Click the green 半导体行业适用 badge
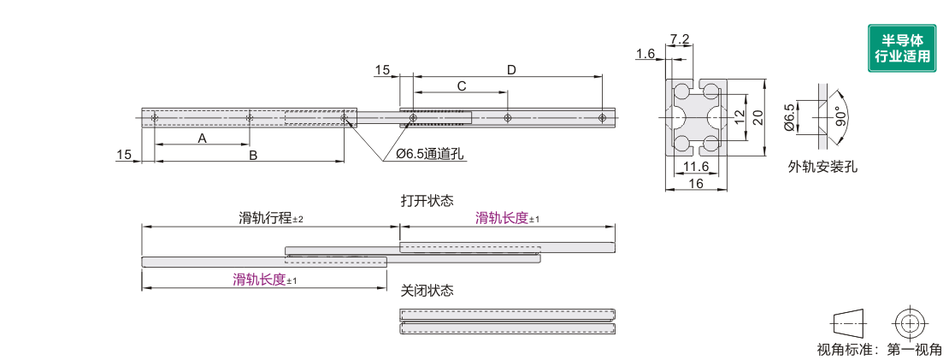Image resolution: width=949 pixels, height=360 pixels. click(x=902, y=48)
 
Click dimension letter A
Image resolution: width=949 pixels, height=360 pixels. click(x=203, y=138)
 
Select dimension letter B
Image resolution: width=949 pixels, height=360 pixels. click(x=253, y=156)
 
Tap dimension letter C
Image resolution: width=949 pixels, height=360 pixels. click(x=462, y=86)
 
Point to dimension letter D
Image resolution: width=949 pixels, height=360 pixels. click(x=511, y=70)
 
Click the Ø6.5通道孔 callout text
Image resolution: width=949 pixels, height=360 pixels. click(x=429, y=154)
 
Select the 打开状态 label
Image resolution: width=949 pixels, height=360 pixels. click(x=427, y=200)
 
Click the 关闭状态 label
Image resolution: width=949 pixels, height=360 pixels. click(x=427, y=291)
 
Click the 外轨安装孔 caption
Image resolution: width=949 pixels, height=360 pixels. click(x=822, y=167)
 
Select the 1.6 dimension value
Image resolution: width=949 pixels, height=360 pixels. click(x=645, y=54)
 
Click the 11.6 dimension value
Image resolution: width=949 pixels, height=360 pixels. click(x=696, y=167)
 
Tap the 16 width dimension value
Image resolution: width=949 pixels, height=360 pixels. click(x=695, y=184)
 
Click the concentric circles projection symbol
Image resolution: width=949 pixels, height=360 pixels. click(x=909, y=323)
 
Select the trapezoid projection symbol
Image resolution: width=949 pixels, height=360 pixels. click(x=848, y=324)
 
